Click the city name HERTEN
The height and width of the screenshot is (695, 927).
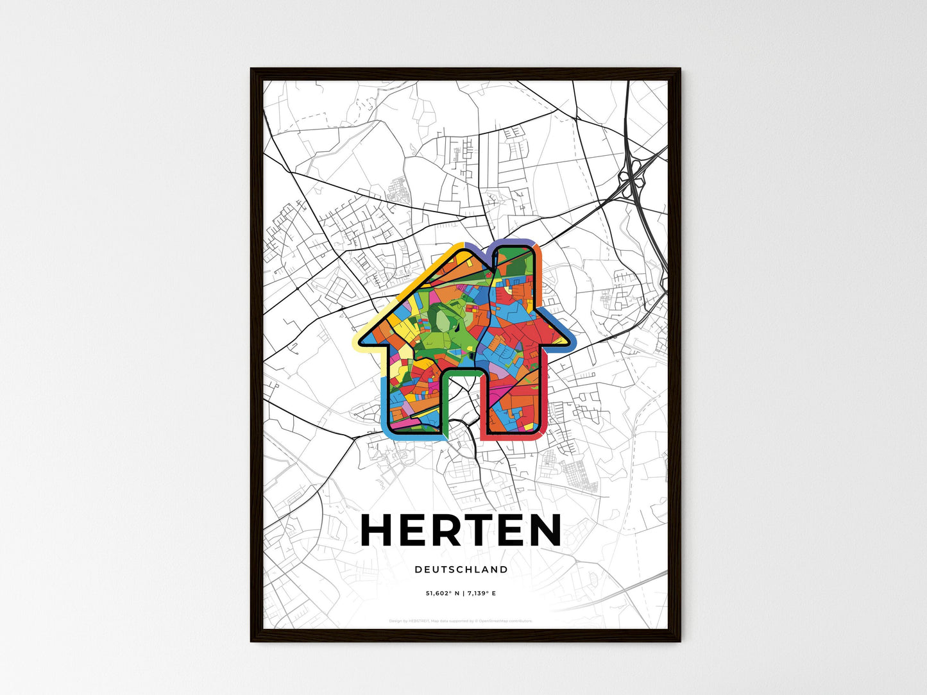(x=461, y=530)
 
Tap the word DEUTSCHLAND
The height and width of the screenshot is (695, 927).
(x=461, y=569)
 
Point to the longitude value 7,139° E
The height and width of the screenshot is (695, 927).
(x=483, y=594)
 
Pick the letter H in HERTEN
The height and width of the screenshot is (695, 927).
(x=380, y=530)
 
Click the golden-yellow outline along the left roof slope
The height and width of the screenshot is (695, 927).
(x=411, y=276)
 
